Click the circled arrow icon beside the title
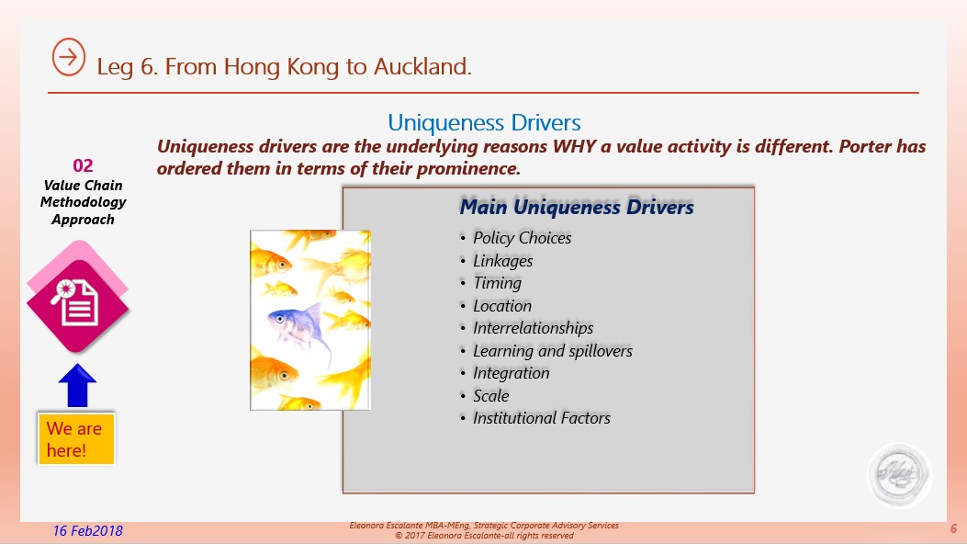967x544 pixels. coord(69,57)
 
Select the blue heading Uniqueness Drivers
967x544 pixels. coord(484,123)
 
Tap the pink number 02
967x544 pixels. coord(83,165)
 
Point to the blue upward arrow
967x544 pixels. coord(77,385)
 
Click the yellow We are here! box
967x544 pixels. coord(76,438)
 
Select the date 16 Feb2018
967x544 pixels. coord(87,530)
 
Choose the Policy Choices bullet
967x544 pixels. coord(522,238)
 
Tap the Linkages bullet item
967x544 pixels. coord(502,261)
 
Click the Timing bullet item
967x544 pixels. coord(497,283)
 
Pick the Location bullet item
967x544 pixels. coord(502,306)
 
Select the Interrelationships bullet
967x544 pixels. coord(533,328)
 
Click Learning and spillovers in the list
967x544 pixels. coord(553,351)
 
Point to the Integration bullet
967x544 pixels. coord(511,373)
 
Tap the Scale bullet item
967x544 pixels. coord(491,396)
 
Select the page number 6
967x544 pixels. coord(953,528)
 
